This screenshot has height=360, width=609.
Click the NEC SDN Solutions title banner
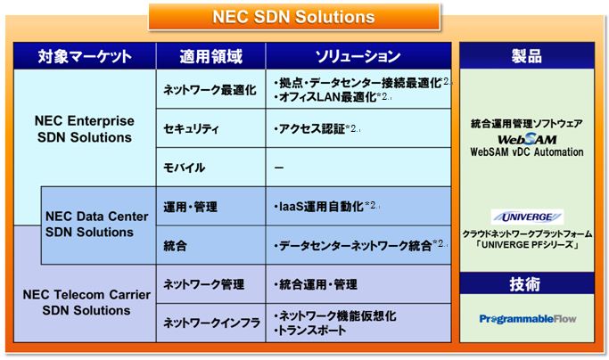pos(294,17)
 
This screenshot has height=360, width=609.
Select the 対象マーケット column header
pos(85,56)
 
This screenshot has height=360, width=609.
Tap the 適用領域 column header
pos(211,56)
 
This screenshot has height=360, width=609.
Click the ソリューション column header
pos(358,56)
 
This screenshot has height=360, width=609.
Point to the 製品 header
pos(527,55)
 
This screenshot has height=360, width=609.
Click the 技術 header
pos(527,283)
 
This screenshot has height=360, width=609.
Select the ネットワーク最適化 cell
pos(211,89)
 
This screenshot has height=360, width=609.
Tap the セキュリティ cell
pos(211,128)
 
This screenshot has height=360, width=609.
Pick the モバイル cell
pos(211,168)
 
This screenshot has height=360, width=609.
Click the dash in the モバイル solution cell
pos(279,168)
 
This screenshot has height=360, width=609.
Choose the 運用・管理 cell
pos(211,206)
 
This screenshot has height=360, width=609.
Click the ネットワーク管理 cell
pos(211,284)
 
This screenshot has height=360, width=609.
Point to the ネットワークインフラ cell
pos(211,323)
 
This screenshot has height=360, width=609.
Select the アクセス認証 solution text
pos(309,128)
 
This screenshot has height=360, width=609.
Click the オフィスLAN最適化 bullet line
pos(325,97)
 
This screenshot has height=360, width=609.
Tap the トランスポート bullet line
pos(310,331)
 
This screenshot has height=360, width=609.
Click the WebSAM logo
pos(527,139)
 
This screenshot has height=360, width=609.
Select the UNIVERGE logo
pos(527,217)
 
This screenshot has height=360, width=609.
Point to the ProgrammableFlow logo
pos(528,319)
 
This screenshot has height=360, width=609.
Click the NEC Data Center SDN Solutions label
pos(96,224)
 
